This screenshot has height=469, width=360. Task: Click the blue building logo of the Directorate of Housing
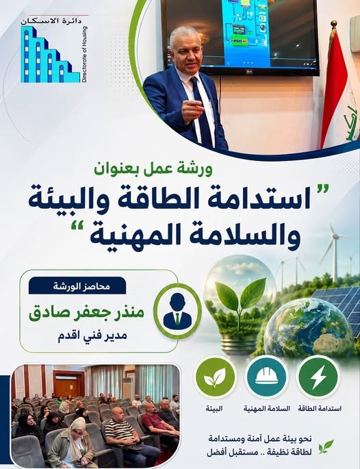(47, 55)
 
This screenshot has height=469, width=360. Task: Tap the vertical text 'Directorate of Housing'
(84, 55)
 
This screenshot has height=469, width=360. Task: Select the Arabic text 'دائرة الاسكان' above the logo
(51, 21)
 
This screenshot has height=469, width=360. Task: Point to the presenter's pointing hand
(192, 110)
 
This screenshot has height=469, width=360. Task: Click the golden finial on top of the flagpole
(334, 24)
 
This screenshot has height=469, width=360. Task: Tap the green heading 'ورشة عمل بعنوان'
(153, 169)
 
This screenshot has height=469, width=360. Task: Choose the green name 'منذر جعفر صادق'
(86, 313)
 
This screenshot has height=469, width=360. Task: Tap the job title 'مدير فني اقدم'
(92, 335)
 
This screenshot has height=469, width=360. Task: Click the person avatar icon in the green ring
(178, 312)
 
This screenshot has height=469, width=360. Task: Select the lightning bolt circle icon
(318, 377)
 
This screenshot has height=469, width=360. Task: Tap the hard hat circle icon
(266, 377)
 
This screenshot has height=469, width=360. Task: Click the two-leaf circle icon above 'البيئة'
(215, 377)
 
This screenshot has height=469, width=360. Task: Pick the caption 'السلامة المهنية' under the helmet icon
(266, 409)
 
